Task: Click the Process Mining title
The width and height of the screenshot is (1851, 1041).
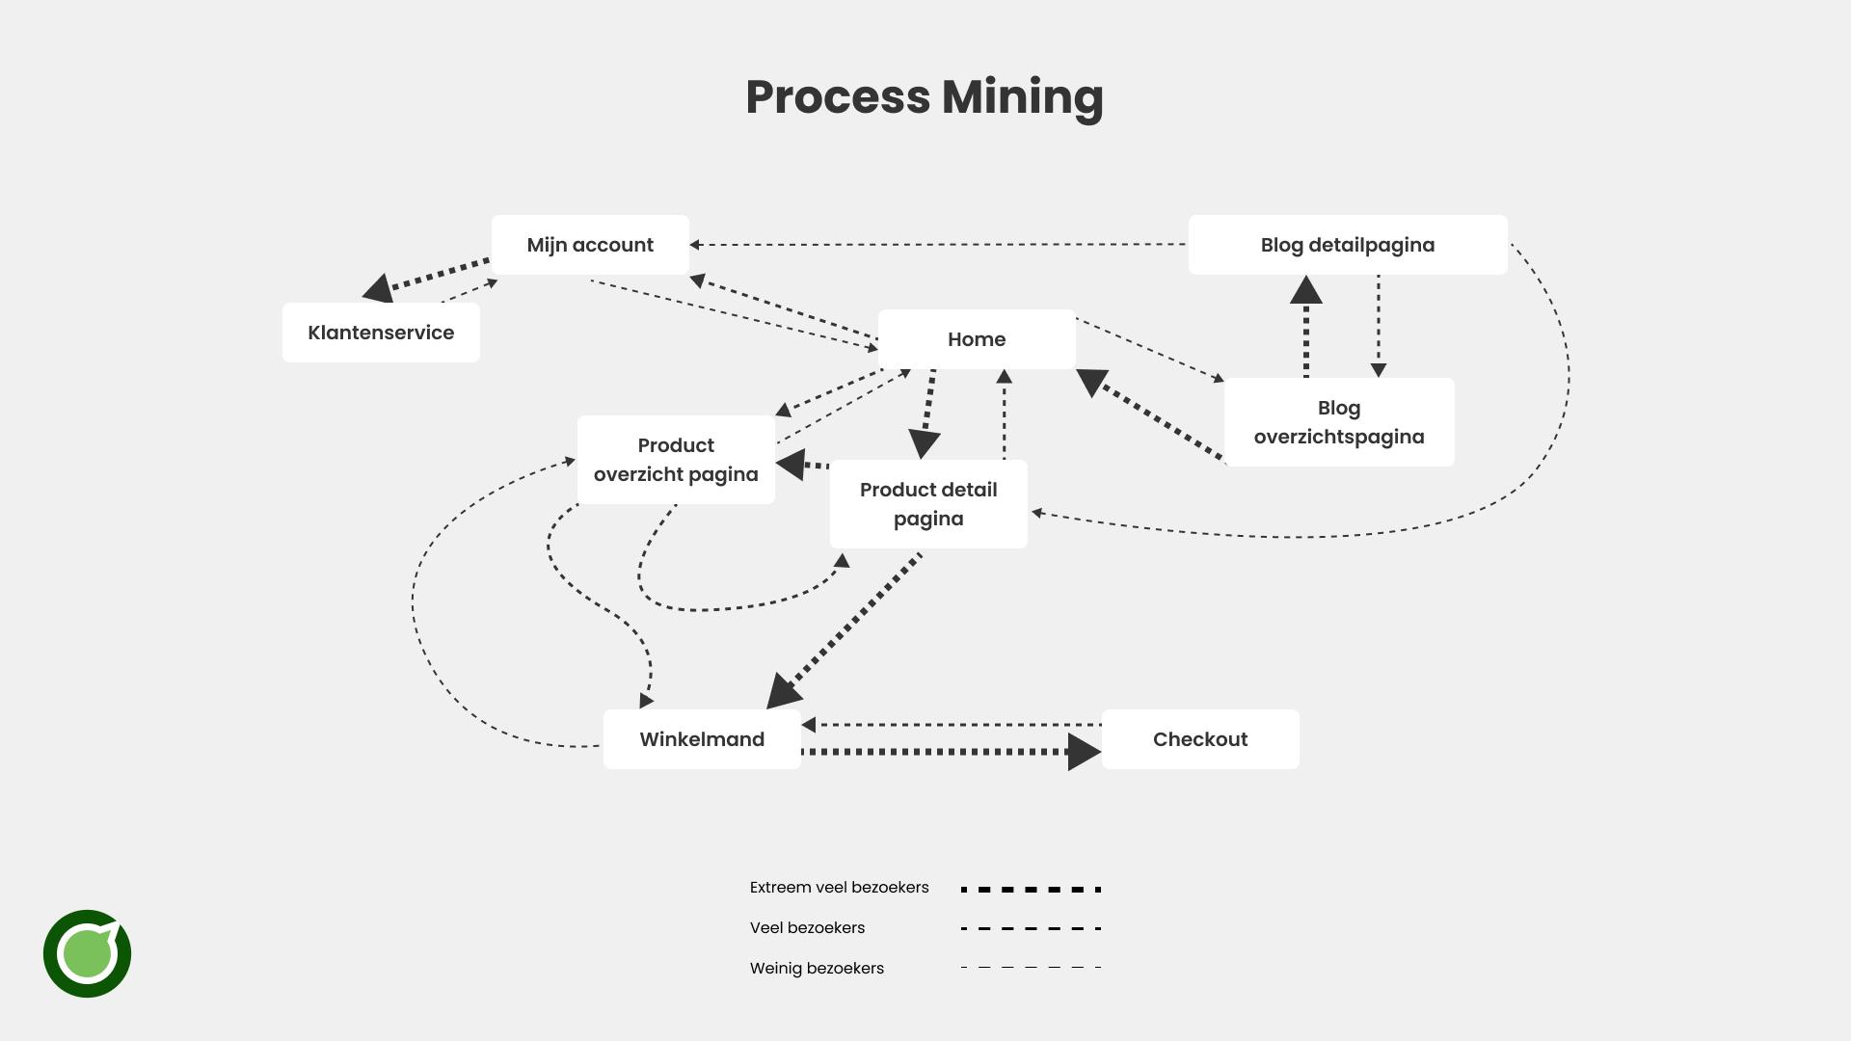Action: (x=924, y=97)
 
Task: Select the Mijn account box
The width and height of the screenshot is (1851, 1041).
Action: (x=590, y=245)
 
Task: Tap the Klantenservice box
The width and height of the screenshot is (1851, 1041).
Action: (x=381, y=333)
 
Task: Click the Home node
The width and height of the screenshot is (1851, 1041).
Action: (x=976, y=339)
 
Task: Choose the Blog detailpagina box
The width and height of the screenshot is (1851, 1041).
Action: (x=1347, y=245)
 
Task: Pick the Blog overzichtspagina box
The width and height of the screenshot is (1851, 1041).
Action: (x=1338, y=422)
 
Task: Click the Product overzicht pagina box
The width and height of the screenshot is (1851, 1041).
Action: (x=676, y=460)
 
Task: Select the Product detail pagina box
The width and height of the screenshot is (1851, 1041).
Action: (x=927, y=504)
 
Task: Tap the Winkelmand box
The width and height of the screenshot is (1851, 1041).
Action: (x=701, y=739)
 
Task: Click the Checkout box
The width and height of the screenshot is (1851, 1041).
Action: (x=1199, y=739)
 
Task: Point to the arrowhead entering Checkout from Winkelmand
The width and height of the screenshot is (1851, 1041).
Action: (x=1084, y=752)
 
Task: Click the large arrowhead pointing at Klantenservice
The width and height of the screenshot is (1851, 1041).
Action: (x=379, y=287)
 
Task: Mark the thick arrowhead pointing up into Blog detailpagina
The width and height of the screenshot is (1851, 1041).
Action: (x=1306, y=290)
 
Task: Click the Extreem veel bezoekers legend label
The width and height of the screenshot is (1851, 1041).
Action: (x=839, y=888)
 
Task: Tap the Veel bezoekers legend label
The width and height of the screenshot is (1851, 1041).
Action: (x=807, y=928)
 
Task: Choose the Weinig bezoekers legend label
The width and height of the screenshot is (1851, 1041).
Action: (x=817, y=969)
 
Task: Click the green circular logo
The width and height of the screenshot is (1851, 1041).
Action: (x=87, y=953)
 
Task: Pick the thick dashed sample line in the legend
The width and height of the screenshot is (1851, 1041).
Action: (x=1031, y=890)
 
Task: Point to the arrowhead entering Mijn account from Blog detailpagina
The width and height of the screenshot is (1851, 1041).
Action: (x=695, y=245)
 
